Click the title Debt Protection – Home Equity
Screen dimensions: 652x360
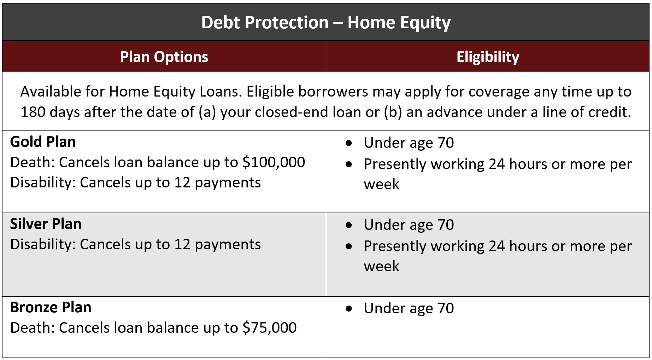[x=326, y=23]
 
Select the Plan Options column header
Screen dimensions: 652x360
[x=164, y=57]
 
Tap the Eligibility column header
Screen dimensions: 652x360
[x=488, y=57]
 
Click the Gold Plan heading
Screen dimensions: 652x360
[x=43, y=142]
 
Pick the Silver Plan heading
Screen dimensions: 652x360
[x=46, y=224]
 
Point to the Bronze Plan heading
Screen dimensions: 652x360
[x=51, y=307]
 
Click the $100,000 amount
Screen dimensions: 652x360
[x=274, y=162]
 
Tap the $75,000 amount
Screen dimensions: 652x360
[x=270, y=328]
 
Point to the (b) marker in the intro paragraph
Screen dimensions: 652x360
[x=393, y=112]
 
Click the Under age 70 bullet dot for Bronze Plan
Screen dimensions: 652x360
[x=349, y=309]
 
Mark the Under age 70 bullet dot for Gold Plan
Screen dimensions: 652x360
[x=349, y=143]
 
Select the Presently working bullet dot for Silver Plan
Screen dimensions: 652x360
[x=349, y=246]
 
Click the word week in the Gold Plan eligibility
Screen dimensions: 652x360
[x=382, y=184]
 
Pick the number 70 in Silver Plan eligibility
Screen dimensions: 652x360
[x=446, y=225]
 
